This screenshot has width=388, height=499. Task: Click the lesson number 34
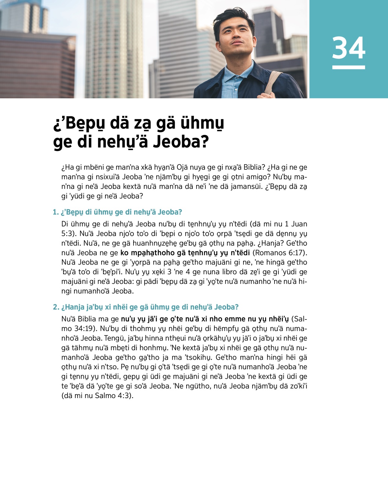point(349,48)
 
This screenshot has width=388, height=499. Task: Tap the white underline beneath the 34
point(349,67)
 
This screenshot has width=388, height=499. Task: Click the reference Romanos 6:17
point(279,253)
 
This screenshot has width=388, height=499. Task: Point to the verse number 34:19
point(82,329)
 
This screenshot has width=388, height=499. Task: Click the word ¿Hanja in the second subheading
point(73,307)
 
